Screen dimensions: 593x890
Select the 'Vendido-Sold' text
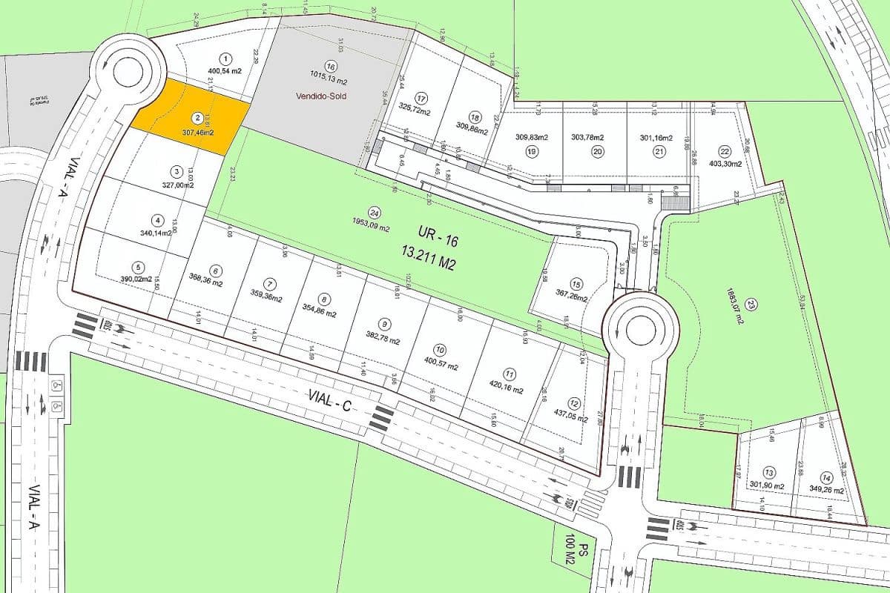321,96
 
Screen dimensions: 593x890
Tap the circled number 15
576,284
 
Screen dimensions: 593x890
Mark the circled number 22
725,151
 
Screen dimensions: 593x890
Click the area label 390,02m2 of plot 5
137,279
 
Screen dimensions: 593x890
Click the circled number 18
475,117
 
